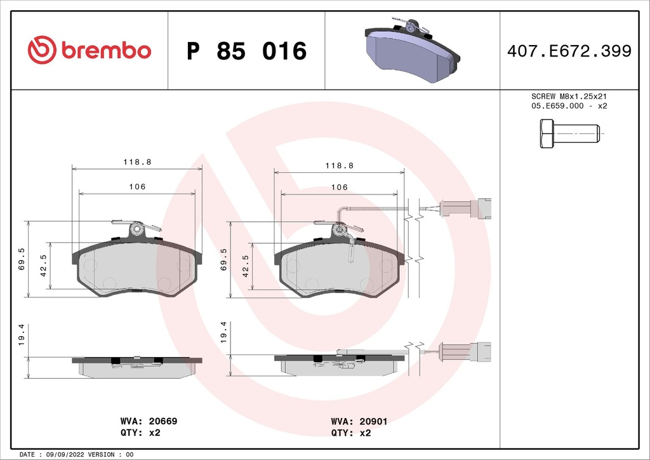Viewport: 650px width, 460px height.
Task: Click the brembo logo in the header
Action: (x=90, y=51)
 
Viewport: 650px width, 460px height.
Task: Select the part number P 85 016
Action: (x=246, y=51)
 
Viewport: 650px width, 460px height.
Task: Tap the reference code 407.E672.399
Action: (x=569, y=51)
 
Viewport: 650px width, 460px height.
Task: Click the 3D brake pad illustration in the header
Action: (x=413, y=49)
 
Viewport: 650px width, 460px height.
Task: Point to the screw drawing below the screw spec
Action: (x=569, y=135)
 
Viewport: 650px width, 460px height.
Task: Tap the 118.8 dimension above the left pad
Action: (x=136, y=162)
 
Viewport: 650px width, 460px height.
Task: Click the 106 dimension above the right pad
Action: (x=340, y=187)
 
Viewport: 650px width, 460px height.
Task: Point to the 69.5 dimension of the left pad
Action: (x=22, y=259)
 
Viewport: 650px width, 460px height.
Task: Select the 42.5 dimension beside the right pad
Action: (x=244, y=266)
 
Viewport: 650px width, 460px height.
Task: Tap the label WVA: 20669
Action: (x=149, y=421)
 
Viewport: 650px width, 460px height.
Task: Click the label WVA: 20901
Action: (x=359, y=421)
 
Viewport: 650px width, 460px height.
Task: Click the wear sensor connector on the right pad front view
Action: (x=465, y=208)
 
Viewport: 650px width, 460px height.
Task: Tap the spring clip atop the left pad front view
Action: (x=136, y=227)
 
